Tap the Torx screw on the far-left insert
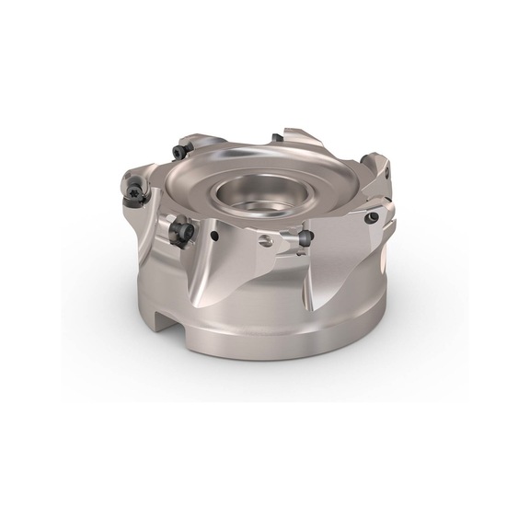coord(136,190)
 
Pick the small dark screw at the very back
coord(277,139)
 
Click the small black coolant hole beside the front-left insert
coord(214,236)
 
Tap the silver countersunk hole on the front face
coord(266,241)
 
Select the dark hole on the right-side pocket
coord(372,218)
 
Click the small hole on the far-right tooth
coord(387,172)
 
